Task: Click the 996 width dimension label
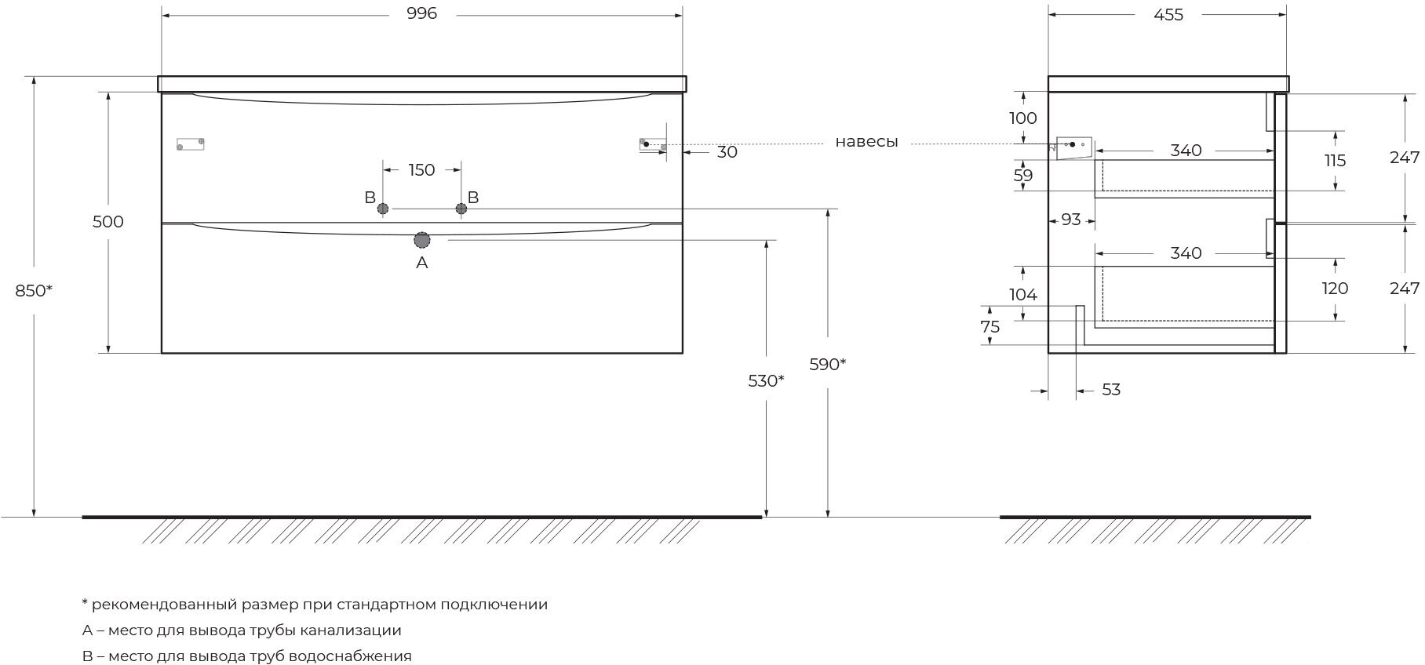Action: (422, 13)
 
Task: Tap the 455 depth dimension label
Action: (1168, 14)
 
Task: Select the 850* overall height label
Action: (34, 290)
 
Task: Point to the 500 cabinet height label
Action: (108, 222)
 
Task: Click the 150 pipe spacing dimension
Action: (421, 170)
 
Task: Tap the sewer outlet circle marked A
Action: (422, 240)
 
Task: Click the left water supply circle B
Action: (383, 209)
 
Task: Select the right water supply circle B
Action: (461, 209)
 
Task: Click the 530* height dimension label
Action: (766, 381)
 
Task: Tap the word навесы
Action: (866, 143)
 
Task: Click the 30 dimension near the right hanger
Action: (727, 152)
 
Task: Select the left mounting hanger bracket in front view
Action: (191, 144)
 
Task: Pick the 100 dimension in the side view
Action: (1023, 118)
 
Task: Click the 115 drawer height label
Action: (1335, 161)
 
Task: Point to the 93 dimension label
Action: (1071, 220)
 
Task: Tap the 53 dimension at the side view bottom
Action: (1111, 390)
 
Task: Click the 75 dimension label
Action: (990, 327)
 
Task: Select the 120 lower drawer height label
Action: (1335, 289)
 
